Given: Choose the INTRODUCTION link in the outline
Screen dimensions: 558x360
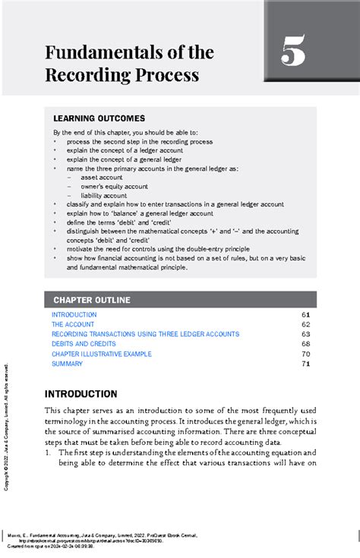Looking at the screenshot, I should pyautogui.click(x=74, y=314).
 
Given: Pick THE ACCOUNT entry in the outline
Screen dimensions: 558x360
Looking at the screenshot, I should pyautogui.click(x=73, y=324).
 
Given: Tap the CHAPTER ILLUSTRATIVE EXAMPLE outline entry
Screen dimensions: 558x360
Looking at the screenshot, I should pyautogui.click(x=101, y=354).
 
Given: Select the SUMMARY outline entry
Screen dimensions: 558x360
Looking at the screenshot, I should pyautogui.click(x=67, y=364).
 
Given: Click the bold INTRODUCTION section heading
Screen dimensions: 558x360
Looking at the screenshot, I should pyautogui.click(x=81, y=394).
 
